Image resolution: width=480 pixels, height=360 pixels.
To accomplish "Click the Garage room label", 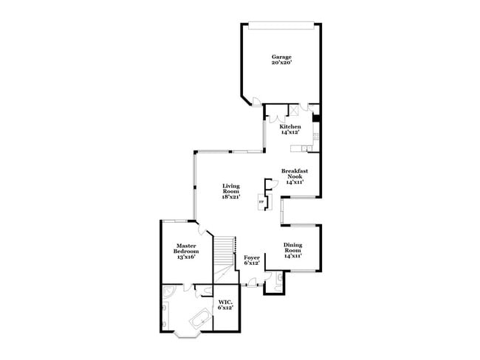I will [x=281, y=57].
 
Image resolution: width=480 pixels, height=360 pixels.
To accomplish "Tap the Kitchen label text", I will [x=289, y=127].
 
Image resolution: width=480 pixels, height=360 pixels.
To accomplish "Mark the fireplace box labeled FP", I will [x=261, y=201].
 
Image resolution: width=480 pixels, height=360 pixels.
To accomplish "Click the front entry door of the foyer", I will [x=252, y=284].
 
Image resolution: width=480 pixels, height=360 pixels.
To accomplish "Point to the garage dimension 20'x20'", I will [x=281, y=63].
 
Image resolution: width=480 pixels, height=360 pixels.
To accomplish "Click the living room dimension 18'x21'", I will [x=231, y=197].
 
